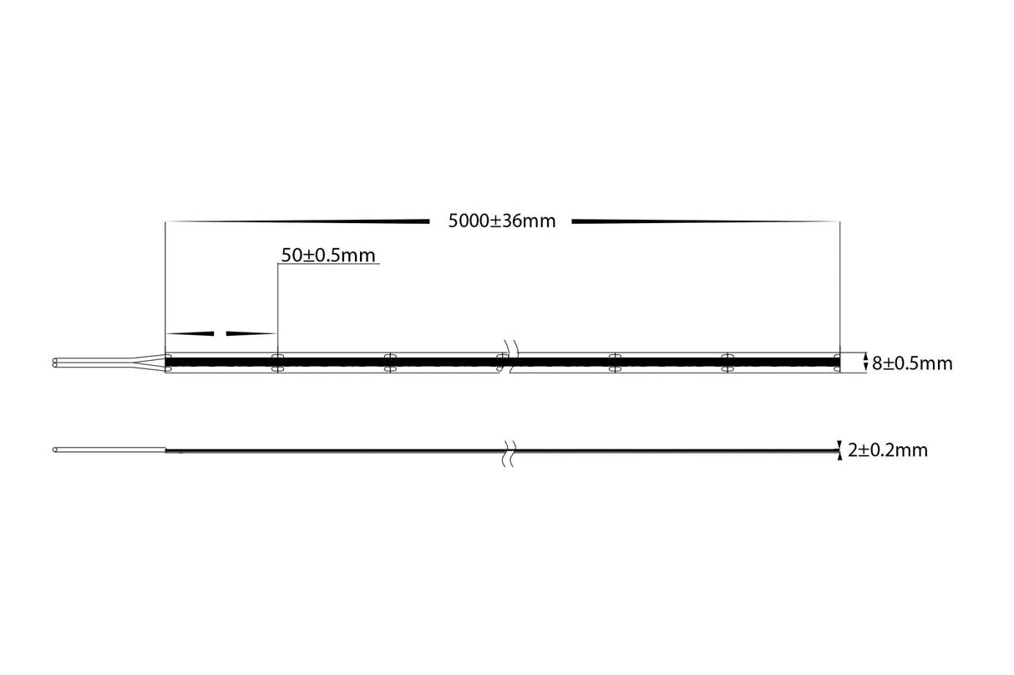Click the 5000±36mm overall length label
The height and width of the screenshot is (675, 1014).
[x=501, y=221]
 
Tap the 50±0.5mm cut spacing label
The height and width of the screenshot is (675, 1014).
[x=328, y=256]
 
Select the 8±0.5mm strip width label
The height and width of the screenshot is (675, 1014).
[x=911, y=363]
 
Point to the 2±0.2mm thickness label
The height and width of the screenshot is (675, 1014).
[x=887, y=451]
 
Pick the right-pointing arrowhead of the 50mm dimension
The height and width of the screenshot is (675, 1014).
[x=251, y=333]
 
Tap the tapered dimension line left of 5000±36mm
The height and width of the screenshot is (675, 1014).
[x=297, y=221]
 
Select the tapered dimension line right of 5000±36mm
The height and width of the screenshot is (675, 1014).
[x=706, y=221]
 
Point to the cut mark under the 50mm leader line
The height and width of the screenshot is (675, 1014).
[x=277, y=362]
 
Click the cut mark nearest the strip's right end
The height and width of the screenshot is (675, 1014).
[x=728, y=362]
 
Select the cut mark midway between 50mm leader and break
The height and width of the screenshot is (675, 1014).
[x=389, y=362]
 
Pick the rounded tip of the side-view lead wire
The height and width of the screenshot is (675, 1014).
[x=55, y=450]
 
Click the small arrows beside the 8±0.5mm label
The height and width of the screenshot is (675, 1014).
[x=862, y=363]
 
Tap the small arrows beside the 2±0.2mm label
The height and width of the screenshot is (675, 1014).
[x=839, y=450]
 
